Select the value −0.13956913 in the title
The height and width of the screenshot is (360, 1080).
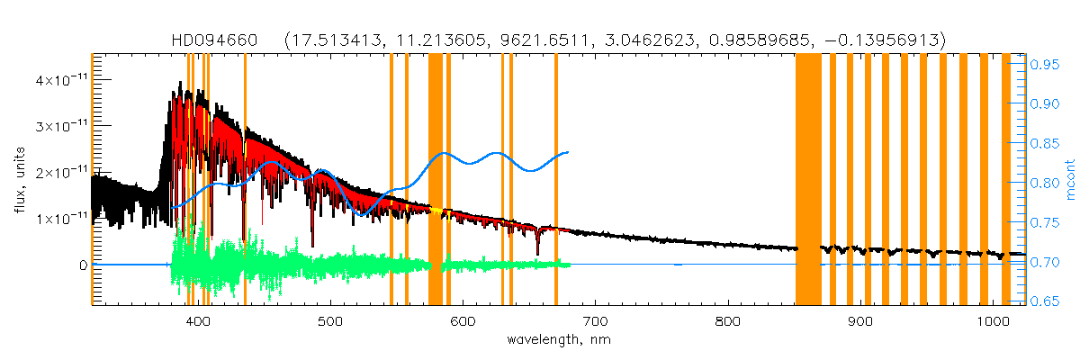tap(886, 40)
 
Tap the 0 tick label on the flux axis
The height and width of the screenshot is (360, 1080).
tap(82, 265)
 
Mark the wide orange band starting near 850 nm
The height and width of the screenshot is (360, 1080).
tap(808, 180)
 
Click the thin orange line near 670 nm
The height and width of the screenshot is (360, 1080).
tap(556, 180)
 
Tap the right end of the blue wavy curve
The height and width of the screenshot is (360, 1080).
tap(567, 152)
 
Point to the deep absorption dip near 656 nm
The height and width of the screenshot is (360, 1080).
tap(538, 253)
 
